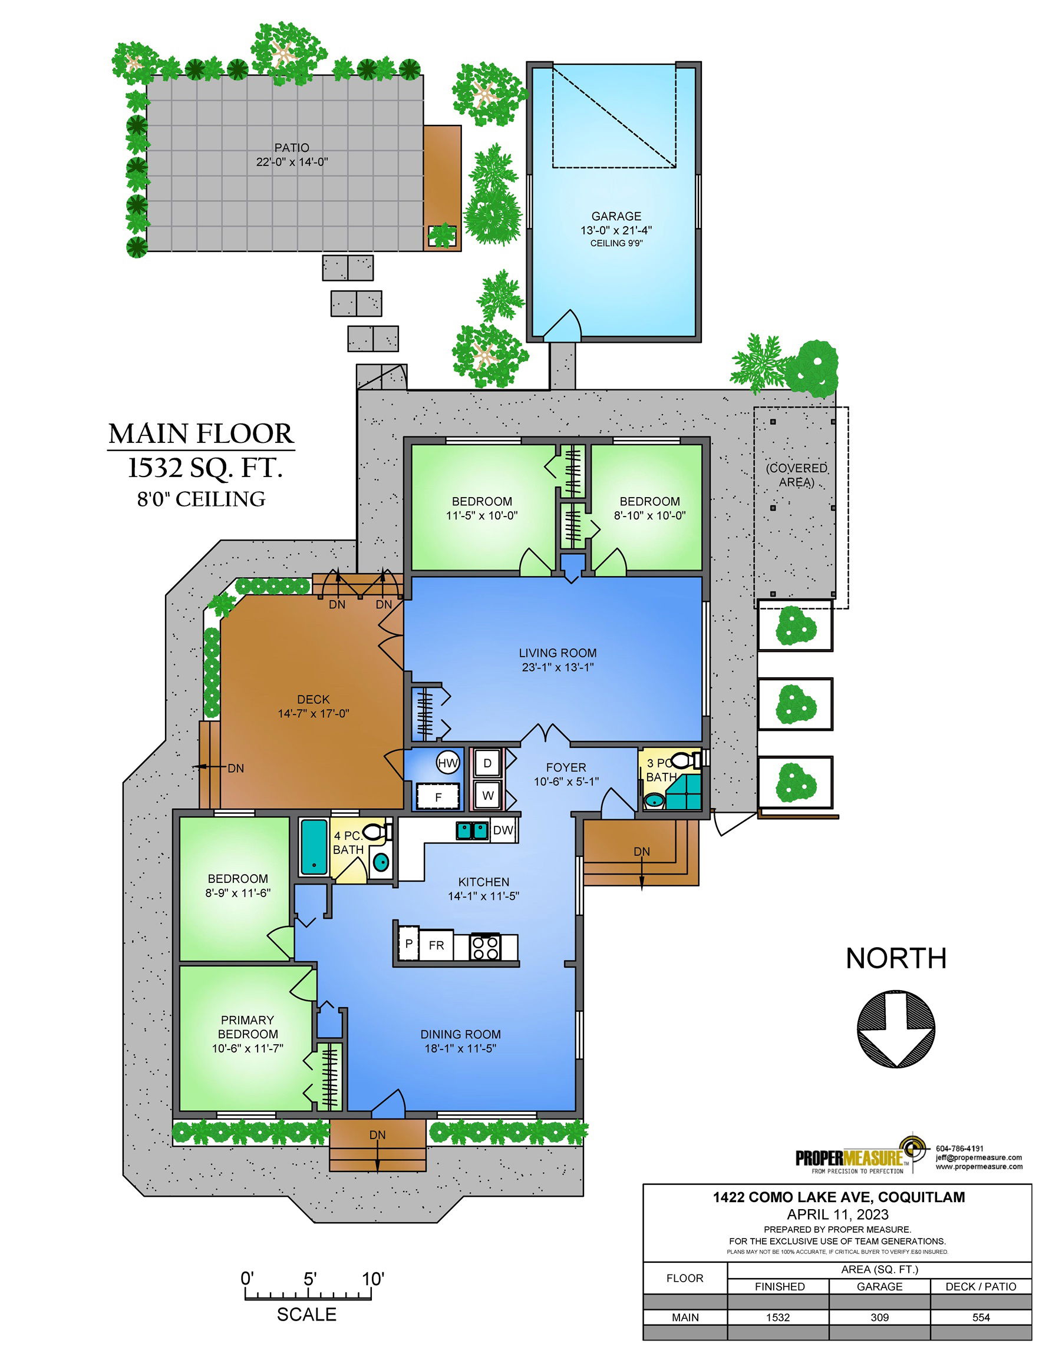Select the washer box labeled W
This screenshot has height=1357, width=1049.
point(487,795)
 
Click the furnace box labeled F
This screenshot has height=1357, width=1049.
point(438,796)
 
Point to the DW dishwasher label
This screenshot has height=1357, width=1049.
point(503,830)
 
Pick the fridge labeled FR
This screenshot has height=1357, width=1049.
point(437,945)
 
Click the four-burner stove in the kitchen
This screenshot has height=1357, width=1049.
point(486,947)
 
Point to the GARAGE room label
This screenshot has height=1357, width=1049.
point(616,216)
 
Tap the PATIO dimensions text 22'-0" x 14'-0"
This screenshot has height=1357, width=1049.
point(292,162)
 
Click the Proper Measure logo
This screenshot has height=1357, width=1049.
point(858,1158)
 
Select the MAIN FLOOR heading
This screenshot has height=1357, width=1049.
point(201,433)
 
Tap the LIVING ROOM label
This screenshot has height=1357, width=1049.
point(558,653)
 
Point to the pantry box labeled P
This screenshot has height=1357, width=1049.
point(408,944)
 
